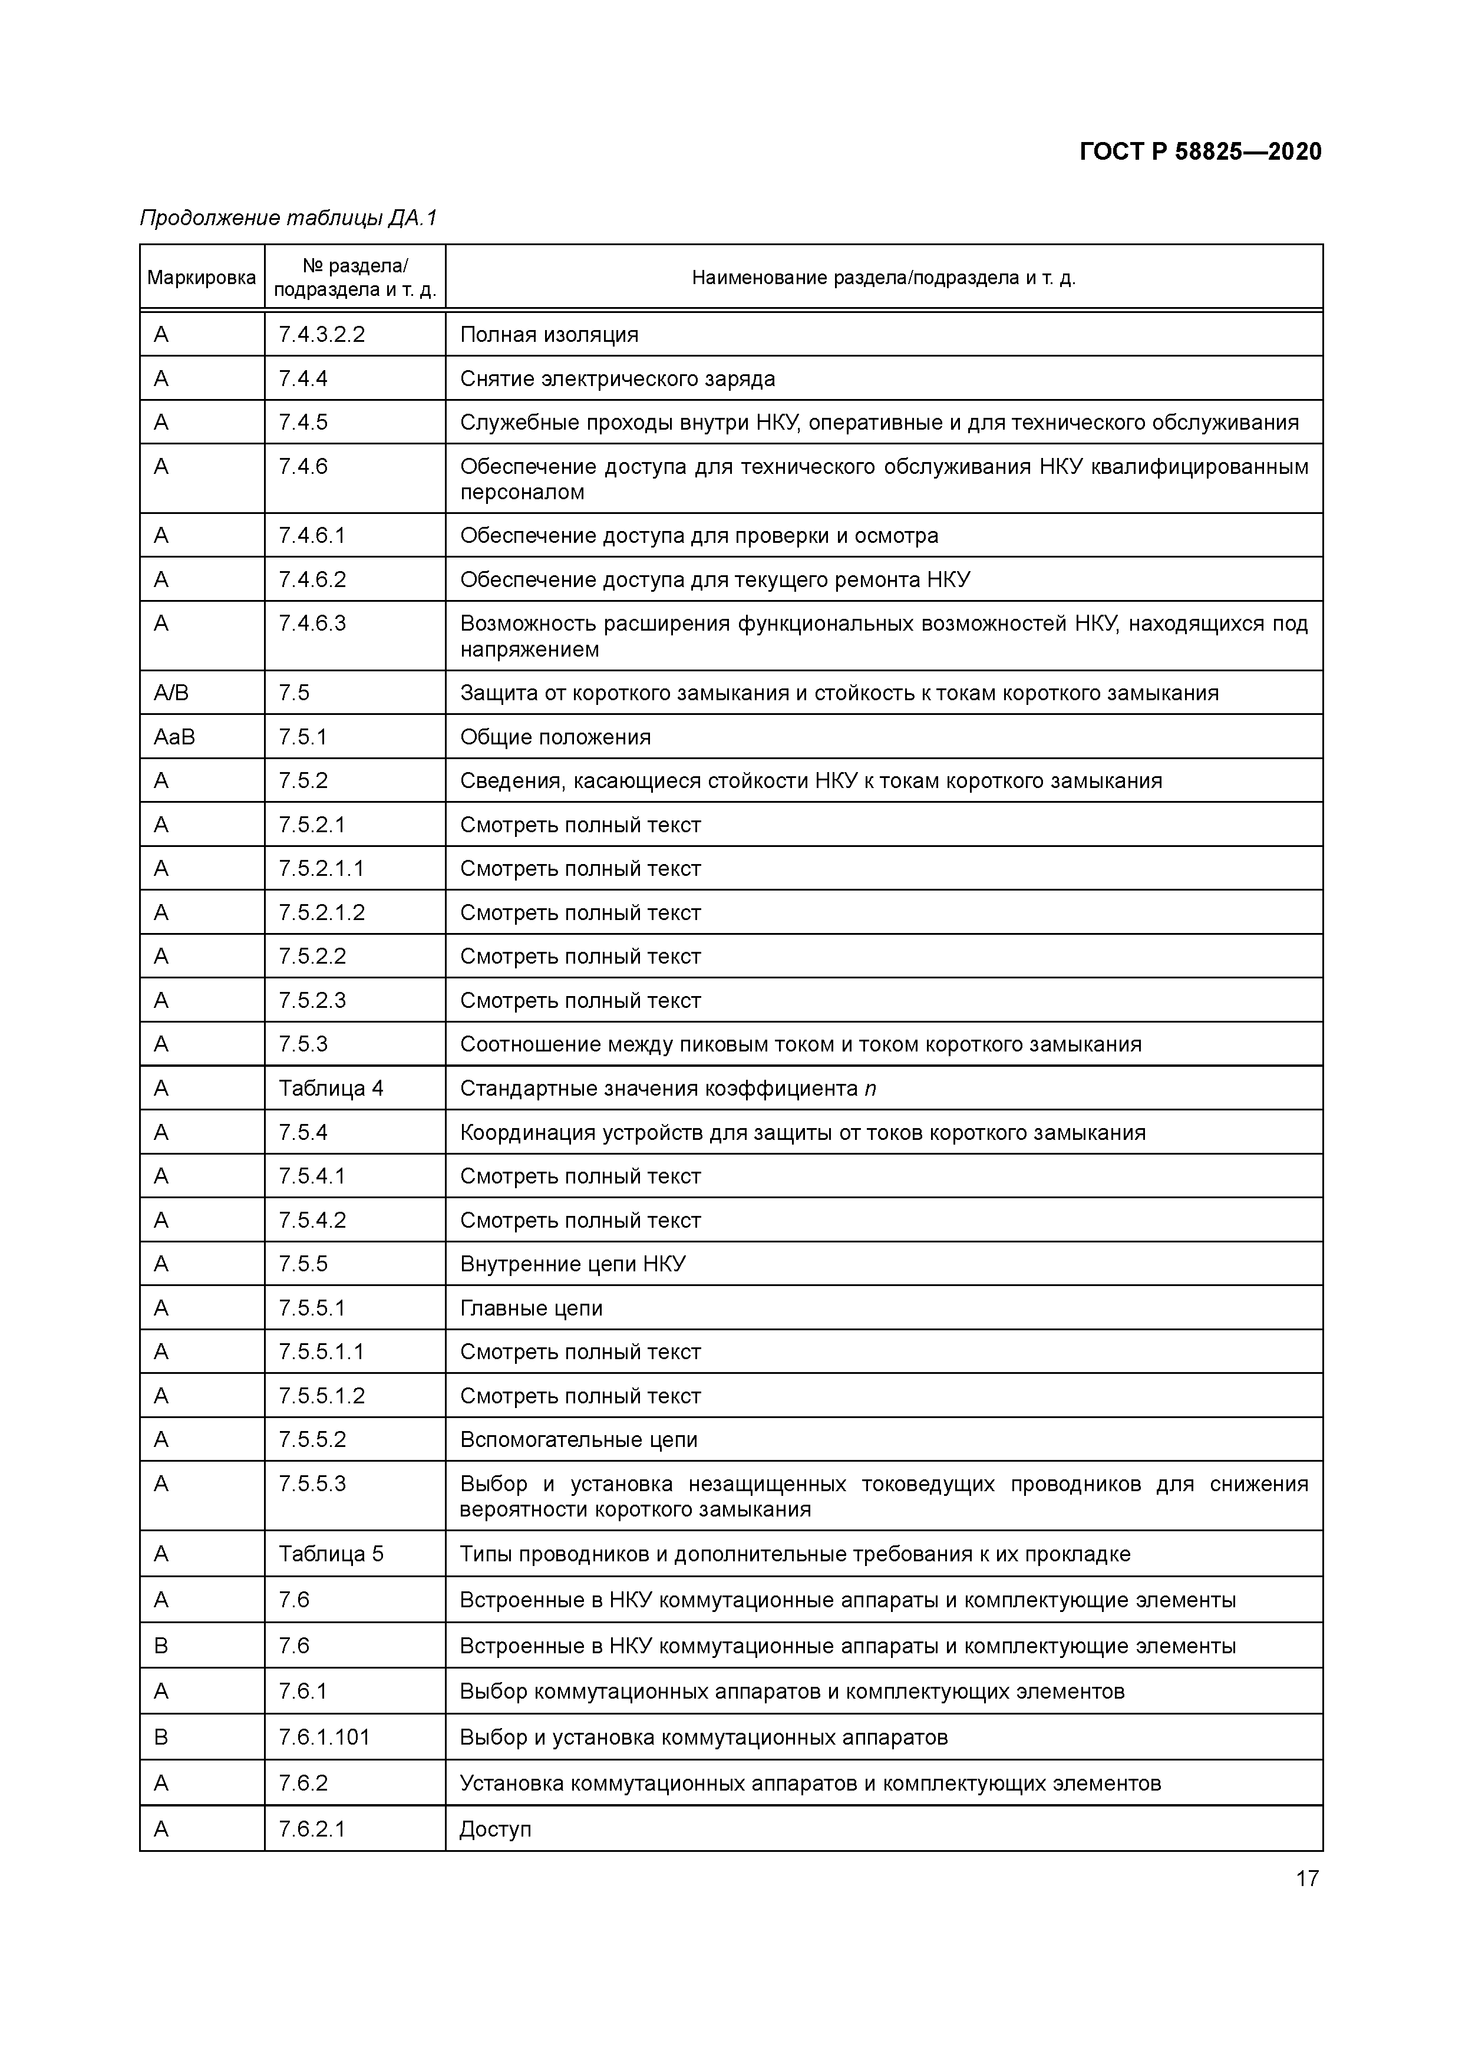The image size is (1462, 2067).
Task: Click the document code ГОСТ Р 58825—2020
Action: click(1200, 152)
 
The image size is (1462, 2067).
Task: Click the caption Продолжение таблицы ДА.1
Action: click(288, 218)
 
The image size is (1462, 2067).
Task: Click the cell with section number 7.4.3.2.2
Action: click(321, 335)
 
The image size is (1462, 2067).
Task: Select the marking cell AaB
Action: click(174, 737)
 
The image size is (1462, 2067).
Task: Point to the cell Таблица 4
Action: click(331, 1089)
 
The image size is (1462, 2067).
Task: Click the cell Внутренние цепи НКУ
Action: click(573, 1264)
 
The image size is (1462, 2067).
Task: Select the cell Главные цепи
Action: click(531, 1308)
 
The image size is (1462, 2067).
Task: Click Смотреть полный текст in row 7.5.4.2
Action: click(580, 1221)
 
